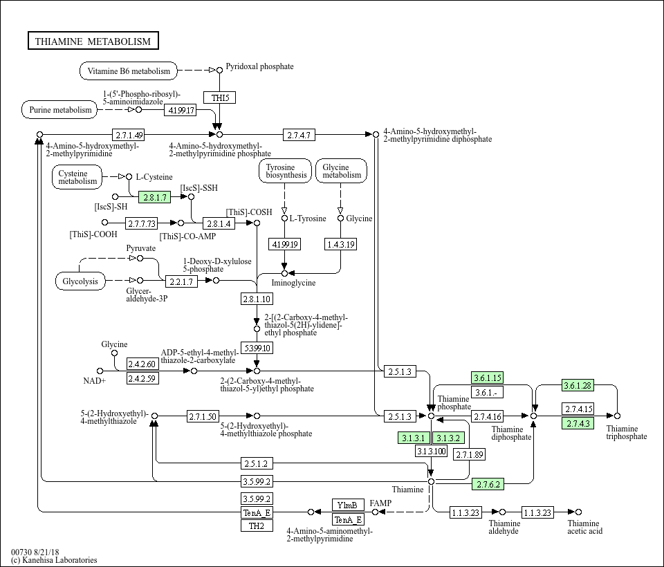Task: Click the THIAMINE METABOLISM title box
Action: (93, 41)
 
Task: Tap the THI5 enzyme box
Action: (220, 97)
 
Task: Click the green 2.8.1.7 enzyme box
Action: (154, 197)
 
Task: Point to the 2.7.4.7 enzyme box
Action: (299, 134)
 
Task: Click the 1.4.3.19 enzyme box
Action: (340, 244)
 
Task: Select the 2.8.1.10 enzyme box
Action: (257, 299)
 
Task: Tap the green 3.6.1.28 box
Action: (578, 386)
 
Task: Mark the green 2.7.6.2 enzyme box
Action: (488, 485)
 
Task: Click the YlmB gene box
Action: (348, 505)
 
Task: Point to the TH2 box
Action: (257, 526)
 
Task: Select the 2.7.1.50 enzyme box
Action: (203, 416)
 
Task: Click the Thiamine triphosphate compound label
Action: (626, 432)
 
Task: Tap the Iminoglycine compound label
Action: (293, 283)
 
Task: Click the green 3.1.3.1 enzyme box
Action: (414, 438)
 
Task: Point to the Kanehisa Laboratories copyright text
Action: (54, 560)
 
